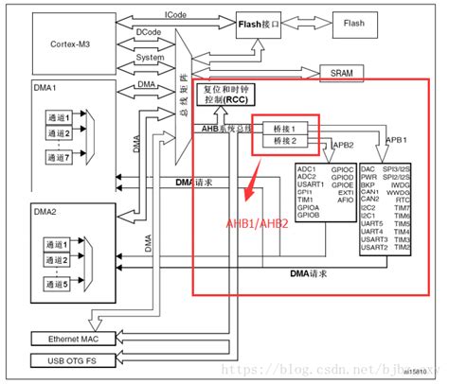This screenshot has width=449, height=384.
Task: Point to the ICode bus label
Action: (175, 14)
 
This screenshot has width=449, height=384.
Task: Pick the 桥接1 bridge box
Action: (285, 128)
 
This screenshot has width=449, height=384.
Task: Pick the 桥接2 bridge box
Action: (285, 141)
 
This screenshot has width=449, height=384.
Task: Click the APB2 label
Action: (344, 146)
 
